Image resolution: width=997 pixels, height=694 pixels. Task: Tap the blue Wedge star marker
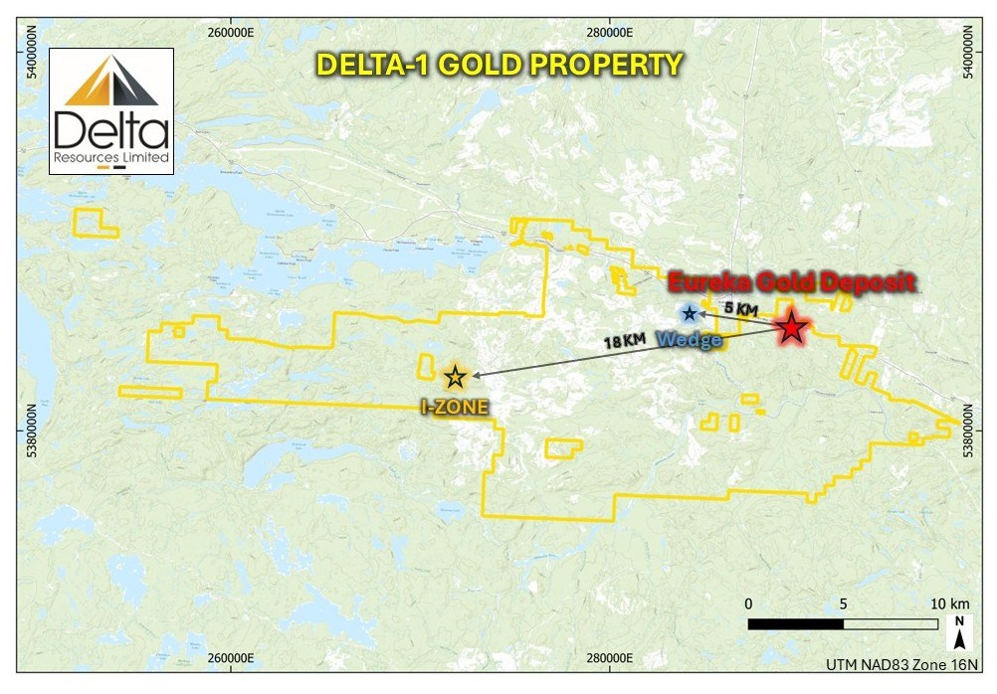pyautogui.click(x=690, y=313)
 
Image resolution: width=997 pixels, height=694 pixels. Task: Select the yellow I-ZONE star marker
pyautogui.click(x=455, y=376)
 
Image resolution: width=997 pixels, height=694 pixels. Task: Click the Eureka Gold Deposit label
pyautogui.click(x=791, y=282)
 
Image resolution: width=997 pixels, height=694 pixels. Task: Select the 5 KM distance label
pyautogui.click(x=740, y=309)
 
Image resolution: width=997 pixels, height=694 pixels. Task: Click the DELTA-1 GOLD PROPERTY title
pyautogui.click(x=498, y=65)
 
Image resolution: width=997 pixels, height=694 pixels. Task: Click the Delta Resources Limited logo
pyautogui.click(x=111, y=110)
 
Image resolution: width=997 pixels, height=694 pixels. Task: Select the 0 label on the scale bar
pyautogui.click(x=748, y=604)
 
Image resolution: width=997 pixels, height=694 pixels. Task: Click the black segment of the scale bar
pyautogui.click(x=796, y=624)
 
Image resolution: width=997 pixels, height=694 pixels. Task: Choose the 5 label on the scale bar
pyautogui.click(x=844, y=604)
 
